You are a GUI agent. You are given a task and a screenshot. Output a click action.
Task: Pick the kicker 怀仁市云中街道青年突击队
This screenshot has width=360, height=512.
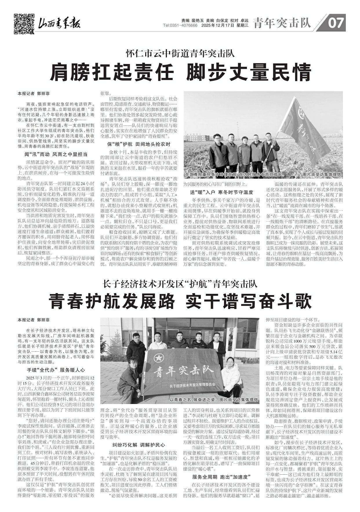(x=180, y=54)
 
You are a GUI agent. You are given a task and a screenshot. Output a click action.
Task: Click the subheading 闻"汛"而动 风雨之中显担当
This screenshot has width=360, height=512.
(x=56, y=154)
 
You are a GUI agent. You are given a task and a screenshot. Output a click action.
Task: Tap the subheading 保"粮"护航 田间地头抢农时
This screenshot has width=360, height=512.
(x=139, y=144)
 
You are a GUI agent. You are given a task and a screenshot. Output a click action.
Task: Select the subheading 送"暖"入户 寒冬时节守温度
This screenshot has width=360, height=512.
(x=222, y=192)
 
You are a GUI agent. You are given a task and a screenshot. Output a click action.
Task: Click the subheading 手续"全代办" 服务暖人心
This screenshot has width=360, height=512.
(x=56, y=370)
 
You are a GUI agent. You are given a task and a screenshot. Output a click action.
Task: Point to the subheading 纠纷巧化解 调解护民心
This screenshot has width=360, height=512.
(x=139, y=445)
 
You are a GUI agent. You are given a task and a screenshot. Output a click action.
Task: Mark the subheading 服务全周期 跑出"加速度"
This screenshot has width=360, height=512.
(x=222, y=477)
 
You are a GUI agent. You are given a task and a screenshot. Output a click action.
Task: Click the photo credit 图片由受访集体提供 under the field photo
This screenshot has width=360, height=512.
(x=322, y=175)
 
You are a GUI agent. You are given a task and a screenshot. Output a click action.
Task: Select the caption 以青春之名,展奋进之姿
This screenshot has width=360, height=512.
(x=192, y=400)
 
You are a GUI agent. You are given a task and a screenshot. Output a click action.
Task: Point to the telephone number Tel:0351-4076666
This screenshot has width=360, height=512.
(x=180, y=25)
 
